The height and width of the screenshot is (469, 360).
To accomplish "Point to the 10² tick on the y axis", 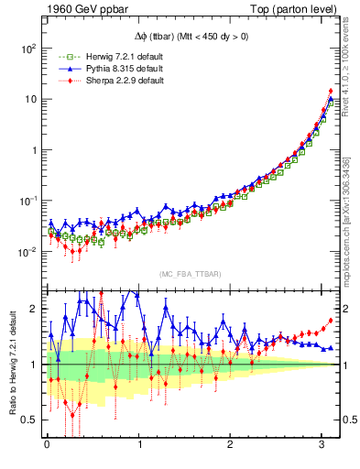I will point(28,49).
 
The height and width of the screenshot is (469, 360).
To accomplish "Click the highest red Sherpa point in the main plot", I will point(330,91).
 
